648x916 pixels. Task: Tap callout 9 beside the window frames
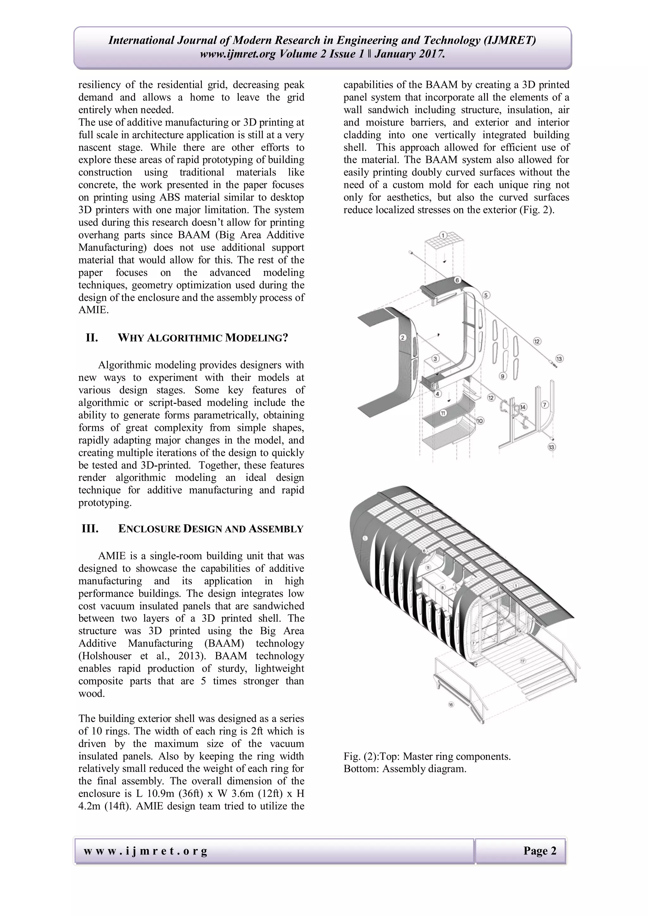point(503,376)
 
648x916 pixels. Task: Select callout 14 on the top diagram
point(523,407)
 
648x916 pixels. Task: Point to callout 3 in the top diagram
point(436,359)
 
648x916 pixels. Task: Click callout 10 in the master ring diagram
point(480,420)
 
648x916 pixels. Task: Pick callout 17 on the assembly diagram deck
point(523,661)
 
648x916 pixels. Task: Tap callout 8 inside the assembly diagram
point(443,588)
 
